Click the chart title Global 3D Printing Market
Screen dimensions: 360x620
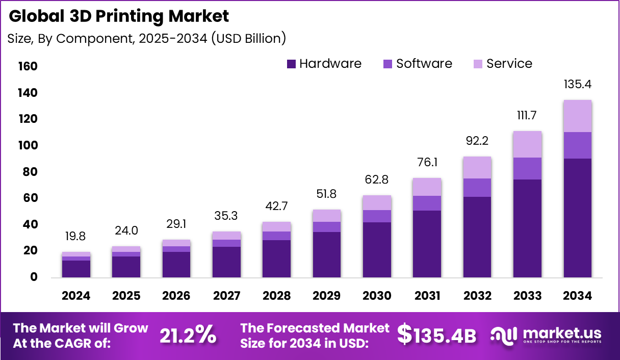tap(119, 16)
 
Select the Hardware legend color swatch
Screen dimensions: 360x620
tap(291, 64)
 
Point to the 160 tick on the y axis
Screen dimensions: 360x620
tap(28, 67)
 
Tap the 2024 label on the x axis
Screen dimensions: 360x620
tap(76, 296)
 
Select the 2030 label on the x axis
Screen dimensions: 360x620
tap(377, 296)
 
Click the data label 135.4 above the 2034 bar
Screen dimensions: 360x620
tap(577, 84)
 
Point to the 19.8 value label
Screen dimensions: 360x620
tap(76, 236)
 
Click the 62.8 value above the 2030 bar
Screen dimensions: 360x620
tap(377, 179)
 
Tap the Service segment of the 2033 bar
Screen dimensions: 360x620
tap(527, 144)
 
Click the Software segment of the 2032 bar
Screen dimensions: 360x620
tap(477, 187)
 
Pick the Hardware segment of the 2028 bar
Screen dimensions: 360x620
tap(277, 258)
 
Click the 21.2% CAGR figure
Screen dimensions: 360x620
tap(188, 335)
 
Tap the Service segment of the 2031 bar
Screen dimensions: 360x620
tap(427, 187)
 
